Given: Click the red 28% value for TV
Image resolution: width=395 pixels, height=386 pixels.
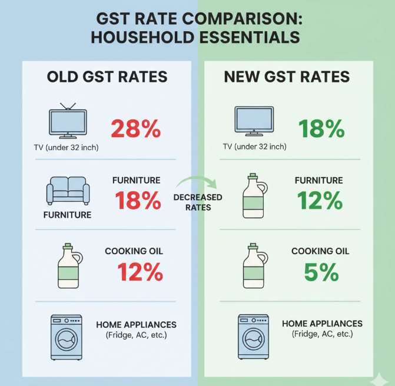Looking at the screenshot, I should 136,129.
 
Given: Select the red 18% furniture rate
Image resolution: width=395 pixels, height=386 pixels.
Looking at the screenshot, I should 138,201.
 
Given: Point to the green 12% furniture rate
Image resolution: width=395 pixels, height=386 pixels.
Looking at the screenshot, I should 320,201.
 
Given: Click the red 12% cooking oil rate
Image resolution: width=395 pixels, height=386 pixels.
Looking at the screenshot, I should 140,272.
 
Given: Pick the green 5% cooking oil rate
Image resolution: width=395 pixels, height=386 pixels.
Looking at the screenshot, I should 321,272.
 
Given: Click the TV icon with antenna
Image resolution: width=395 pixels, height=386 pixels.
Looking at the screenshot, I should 67,122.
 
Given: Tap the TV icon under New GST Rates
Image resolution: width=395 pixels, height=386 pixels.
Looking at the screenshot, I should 254,122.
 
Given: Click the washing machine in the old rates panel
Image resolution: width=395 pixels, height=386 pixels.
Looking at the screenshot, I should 68,337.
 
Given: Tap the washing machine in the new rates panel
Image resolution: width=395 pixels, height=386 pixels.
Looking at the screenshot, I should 254,337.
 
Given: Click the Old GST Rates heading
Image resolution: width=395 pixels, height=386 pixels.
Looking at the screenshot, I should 107,77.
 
